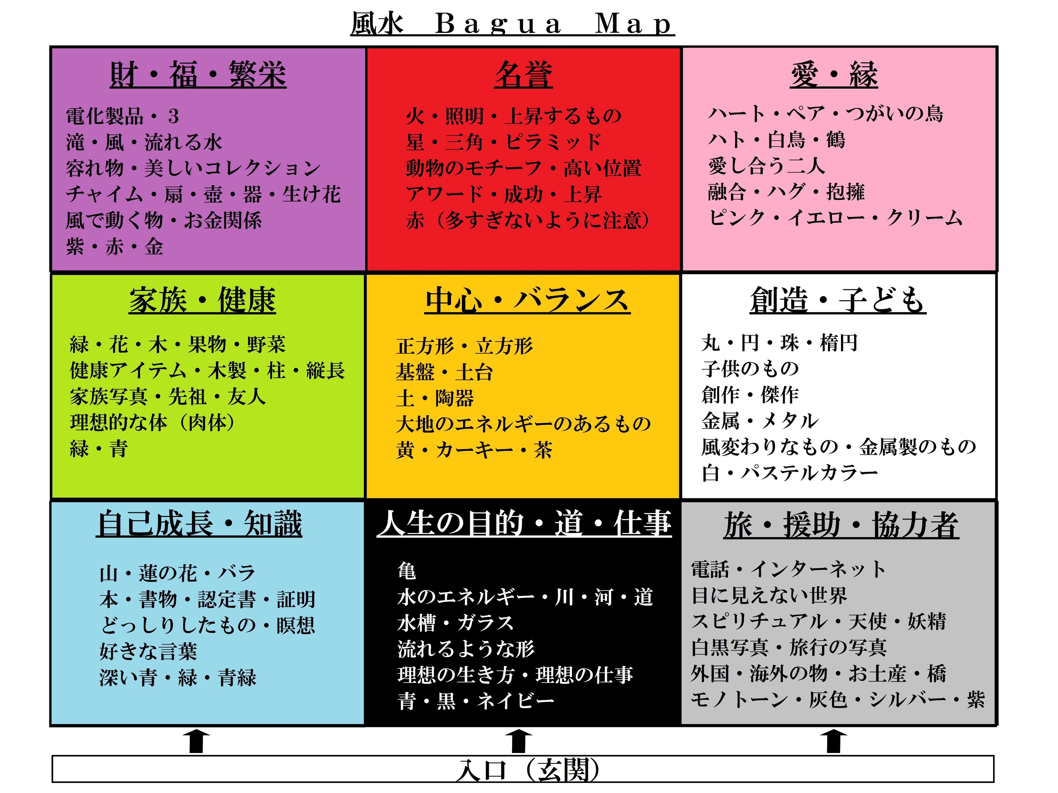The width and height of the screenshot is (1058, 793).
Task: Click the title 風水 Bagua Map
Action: point(512,24)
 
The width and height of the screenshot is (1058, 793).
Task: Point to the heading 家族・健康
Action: point(202,300)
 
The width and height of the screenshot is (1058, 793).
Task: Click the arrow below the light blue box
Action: point(197,741)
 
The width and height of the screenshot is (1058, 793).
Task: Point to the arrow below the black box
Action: point(519,741)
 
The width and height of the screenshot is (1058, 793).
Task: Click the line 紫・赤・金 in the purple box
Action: point(115,247)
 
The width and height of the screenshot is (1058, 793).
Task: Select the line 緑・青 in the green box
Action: point(99,449)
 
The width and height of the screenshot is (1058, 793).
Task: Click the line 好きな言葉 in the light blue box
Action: point(148,651)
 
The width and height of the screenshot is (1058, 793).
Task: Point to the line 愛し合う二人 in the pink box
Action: point(767,166)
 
